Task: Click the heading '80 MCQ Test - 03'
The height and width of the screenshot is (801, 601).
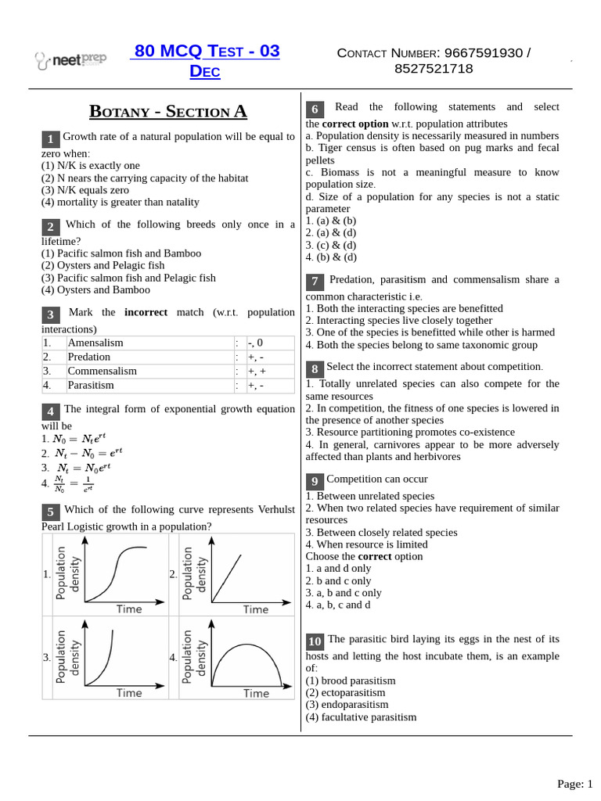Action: (x=207, y=52)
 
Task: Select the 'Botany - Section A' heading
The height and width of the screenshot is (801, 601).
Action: (x=168, y=111)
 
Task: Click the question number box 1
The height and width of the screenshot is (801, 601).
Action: (x=50, y=139)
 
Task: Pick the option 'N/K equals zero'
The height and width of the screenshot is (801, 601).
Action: (x=85, y=190)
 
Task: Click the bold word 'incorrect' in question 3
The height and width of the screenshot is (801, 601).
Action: (x=146, y=312)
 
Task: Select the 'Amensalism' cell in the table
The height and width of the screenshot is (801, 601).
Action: (x=95, y=343)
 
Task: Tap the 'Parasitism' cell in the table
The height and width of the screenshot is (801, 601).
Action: (x=91, y=386)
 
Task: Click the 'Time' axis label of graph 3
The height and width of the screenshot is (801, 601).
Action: (x=129, y=693)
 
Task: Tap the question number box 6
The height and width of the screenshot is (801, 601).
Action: (x=315, y=109)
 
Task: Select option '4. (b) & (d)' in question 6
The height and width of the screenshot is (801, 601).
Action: (x=331, y=257)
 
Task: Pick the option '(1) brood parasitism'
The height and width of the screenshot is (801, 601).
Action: (x=351, y=681)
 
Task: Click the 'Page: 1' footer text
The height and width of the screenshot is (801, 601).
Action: (x=574, y=784)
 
